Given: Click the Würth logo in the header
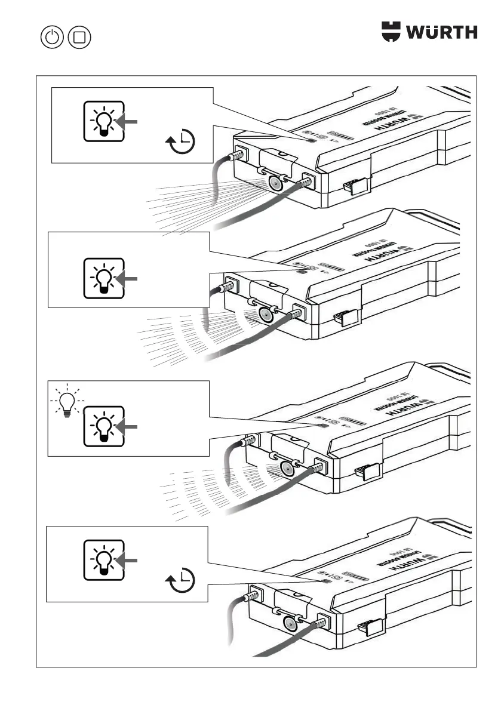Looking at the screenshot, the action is click(x=429, y=31).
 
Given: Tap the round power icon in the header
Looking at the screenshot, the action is click(x=53, y=38).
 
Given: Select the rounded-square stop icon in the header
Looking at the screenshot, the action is click(x=80, y=38).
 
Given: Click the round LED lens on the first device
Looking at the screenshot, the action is click(x=275, y=183).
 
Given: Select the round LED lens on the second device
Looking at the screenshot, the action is click(x=265, y=315).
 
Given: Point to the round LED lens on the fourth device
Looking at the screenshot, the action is click(x=290, y=622).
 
